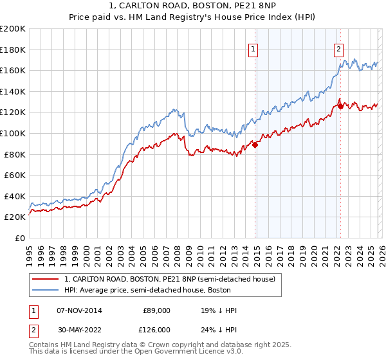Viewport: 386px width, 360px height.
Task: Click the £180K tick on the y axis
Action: click(x=13, y=50)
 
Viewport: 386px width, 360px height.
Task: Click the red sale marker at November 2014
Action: click(x=255, y=145)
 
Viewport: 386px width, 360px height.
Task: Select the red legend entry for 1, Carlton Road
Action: click(x=170, y=279)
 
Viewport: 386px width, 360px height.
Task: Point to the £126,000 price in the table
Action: click(x=156, y=329)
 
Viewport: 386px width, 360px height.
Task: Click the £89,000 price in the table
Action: click(x=156, y=310)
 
